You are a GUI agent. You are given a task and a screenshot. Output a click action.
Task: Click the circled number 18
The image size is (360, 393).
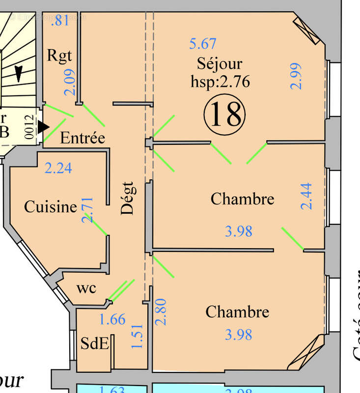tap(224, 114)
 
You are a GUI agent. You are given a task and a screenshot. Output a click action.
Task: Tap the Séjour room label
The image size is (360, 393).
tap(220, 64)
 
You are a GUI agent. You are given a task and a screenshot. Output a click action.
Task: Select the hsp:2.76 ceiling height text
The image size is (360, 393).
tap(220, 81)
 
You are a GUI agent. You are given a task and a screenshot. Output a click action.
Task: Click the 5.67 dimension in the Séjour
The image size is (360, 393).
tap(203, 44)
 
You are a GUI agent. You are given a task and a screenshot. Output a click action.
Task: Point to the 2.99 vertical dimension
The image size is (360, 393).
tap(296, 76)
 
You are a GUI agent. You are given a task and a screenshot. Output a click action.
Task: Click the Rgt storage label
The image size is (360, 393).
tap(59, 55)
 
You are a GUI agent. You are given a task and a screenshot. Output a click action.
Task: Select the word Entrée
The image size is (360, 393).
tap(83, 138)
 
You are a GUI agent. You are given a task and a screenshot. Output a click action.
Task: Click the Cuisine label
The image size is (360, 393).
tap(51, 207)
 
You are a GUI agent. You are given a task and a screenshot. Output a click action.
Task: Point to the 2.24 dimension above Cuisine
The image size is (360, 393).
tap(58, 168)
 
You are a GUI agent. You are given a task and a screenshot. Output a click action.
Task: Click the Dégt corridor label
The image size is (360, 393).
tap(128, 198)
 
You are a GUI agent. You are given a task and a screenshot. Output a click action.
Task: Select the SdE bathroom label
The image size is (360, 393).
tap(94, 343)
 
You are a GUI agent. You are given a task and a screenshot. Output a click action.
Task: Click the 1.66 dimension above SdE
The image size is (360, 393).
tap(112, 319)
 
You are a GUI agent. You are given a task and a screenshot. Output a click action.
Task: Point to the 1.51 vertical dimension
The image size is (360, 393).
tap(138, 336)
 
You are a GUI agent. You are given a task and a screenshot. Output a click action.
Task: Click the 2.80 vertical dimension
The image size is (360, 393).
tap(162, 312)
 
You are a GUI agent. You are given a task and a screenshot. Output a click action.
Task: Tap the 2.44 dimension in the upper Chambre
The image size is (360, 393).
tap(306, 196)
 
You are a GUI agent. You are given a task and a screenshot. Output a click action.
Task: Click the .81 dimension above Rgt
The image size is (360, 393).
tap(59, 21)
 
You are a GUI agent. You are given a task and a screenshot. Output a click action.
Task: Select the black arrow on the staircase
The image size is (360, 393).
tap(19, 74)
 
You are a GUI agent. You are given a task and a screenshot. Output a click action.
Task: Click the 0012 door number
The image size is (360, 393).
tap(29, 127)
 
